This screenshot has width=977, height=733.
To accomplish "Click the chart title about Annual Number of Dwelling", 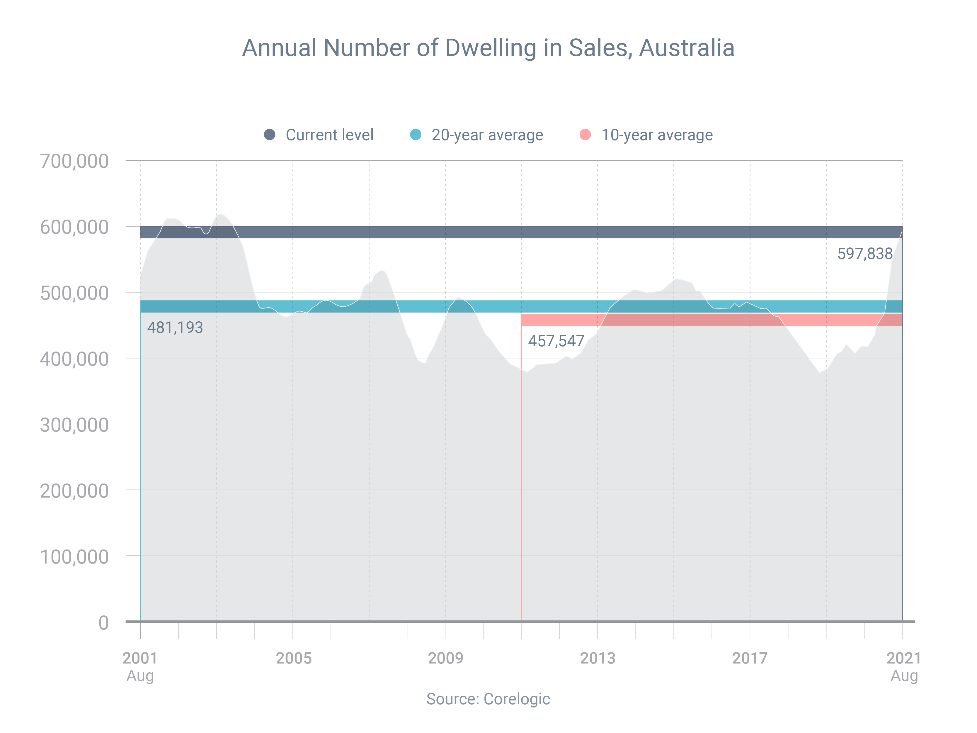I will (488, 48).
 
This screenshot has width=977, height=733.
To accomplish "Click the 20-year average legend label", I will (487, 135).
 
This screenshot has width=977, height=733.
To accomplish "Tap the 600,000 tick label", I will (74, 227).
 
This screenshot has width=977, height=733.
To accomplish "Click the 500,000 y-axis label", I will (74, 293).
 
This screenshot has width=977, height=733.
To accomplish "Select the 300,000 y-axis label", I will (74, 425).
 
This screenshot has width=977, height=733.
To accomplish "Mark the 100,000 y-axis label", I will (74, 557).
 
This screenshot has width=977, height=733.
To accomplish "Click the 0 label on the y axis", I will (103, 622).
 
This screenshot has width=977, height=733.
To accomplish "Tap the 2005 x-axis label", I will (294, 658).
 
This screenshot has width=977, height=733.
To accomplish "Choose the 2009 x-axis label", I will (446, 658).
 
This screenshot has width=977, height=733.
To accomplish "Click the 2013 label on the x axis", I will (598, 658).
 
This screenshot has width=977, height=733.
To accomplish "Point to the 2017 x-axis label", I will (750, 658).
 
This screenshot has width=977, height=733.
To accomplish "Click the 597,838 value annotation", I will (865, 254).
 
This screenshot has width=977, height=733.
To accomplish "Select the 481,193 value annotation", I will (175, 328).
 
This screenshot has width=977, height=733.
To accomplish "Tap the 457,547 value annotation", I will (556, 341).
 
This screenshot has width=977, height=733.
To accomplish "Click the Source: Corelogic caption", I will (488, 699).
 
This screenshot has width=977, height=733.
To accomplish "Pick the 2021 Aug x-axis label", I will (904, 666).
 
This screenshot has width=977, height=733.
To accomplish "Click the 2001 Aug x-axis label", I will (140, 666).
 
